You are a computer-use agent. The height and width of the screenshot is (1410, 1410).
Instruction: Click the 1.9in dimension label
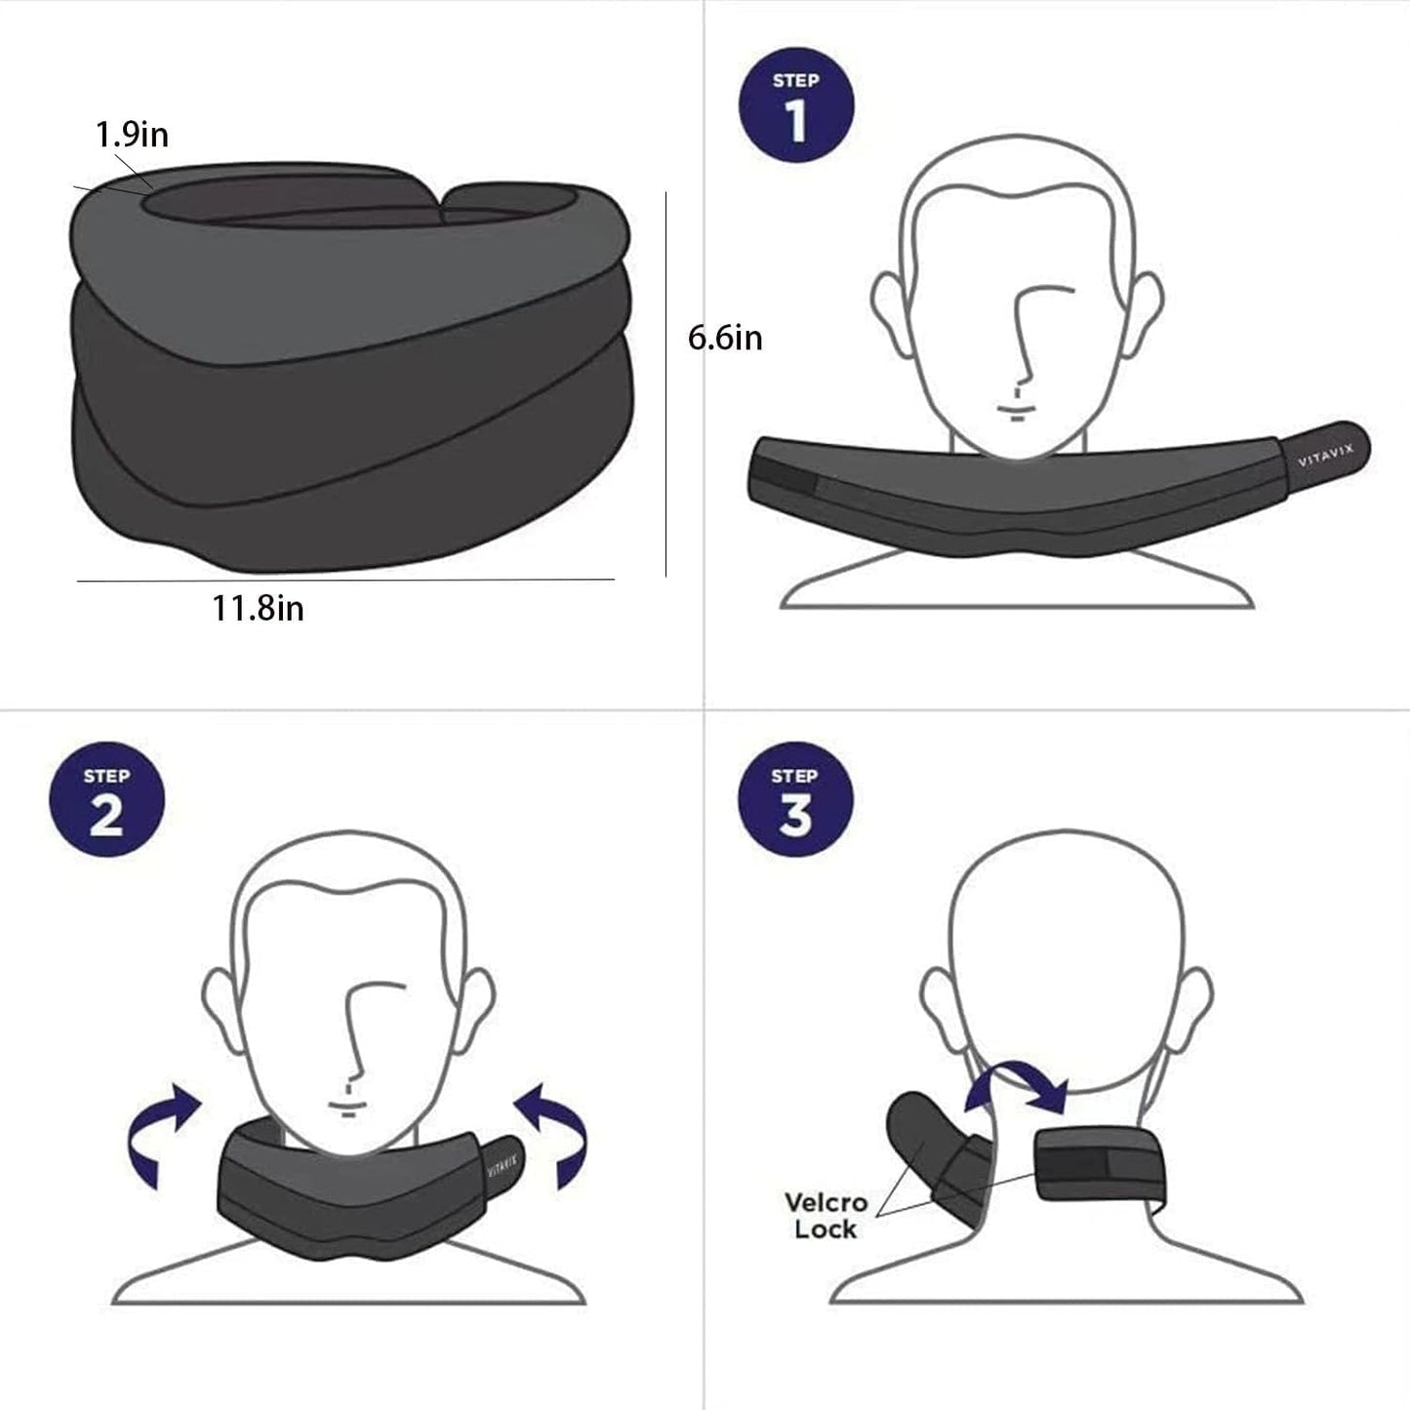pyautogui.click(x=132, y=134)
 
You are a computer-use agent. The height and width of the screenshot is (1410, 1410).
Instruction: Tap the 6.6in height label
pyautogui.click(x=725, y=338)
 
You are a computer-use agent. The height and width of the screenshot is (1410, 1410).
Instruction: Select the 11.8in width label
pyautogui.click(x=258, y=608)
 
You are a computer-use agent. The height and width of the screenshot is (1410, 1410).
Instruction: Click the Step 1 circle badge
pyautogui.click(x=796, y=105)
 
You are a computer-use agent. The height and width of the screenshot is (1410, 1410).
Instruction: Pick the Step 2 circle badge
pyautogui.click(x=106, y=799)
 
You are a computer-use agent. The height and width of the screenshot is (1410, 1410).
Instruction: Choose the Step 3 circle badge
pyautogui.click(x=794, y=799)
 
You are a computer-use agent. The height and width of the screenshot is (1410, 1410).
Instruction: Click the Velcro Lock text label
pyautogui.click(x=826, y=1215)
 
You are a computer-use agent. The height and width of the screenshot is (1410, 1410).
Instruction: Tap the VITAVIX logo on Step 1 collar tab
pyautogui.click(x=1325, y=456)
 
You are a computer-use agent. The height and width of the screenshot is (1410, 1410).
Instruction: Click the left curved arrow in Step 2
pyautogui.click(x=162, y=1133)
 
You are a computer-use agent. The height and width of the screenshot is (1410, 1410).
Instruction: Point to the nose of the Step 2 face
pyautogui.click(x=359, y=1034)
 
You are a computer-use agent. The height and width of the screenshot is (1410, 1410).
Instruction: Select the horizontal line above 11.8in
pyautogui.click(x=345, y=581)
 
